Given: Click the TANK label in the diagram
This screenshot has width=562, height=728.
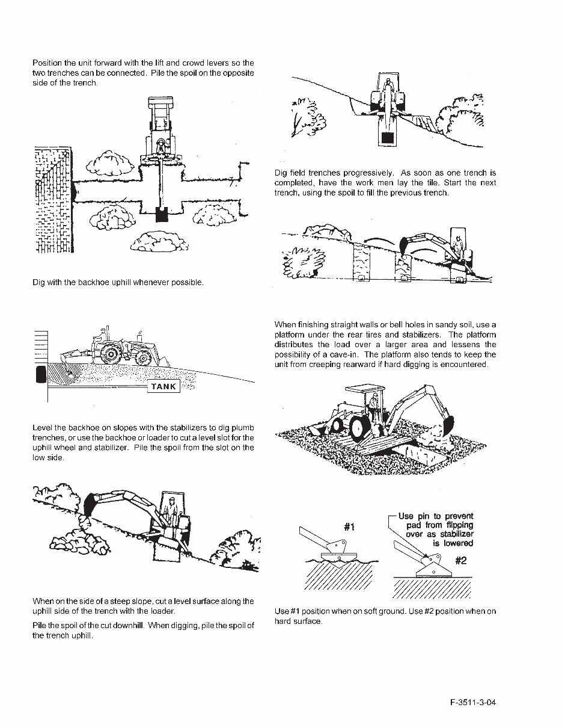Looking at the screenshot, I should pyautogui.click(x=163, y=386).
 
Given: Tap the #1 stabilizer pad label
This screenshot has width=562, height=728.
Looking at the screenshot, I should pyautogui.click(x=349, y=526).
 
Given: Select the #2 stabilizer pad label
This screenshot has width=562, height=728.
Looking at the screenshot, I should pyautogui.click(x=460, y=561).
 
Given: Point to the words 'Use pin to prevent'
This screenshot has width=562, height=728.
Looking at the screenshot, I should pyautogui.click(x=436, y=516).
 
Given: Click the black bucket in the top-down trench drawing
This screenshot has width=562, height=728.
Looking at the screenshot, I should pyautogui.click(x=161, y=214).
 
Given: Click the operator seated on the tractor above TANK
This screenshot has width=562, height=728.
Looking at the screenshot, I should pyautogui.click(x=103, y=335).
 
